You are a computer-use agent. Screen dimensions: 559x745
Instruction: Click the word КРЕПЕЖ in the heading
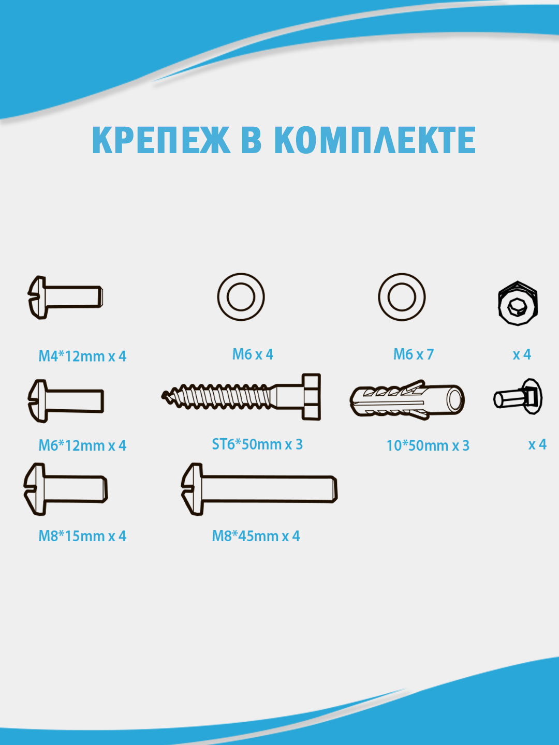pos(161,140)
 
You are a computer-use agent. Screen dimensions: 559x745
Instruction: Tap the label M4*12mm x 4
pos(82,356)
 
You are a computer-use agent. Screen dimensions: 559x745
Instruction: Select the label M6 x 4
pos(253,354)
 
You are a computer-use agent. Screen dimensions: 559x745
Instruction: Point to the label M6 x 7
pos(414,354)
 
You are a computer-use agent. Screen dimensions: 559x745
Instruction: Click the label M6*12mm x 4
pos(82,445)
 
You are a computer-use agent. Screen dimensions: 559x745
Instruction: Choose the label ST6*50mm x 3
pos(257,444)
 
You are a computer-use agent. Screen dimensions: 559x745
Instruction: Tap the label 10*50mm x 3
pos(428,445)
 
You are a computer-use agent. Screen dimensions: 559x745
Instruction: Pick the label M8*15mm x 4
pos(82,536)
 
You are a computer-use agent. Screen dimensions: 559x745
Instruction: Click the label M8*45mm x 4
pos(256,536)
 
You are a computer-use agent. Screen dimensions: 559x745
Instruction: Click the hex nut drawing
pos(518,303)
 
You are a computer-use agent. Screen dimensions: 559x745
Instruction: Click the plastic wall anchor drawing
pos(407,400)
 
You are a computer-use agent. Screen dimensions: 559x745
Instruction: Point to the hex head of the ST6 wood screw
pos(311,397)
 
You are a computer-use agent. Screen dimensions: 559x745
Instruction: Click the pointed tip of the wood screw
pos(163,395)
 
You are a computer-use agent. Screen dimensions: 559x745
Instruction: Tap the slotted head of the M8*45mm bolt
pos(193,489)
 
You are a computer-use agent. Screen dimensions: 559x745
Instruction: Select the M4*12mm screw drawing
pos(65,297)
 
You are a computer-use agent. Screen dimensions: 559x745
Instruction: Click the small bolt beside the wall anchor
pos(518,397)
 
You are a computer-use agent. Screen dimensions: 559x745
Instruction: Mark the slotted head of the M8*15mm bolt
pos(35,489)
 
